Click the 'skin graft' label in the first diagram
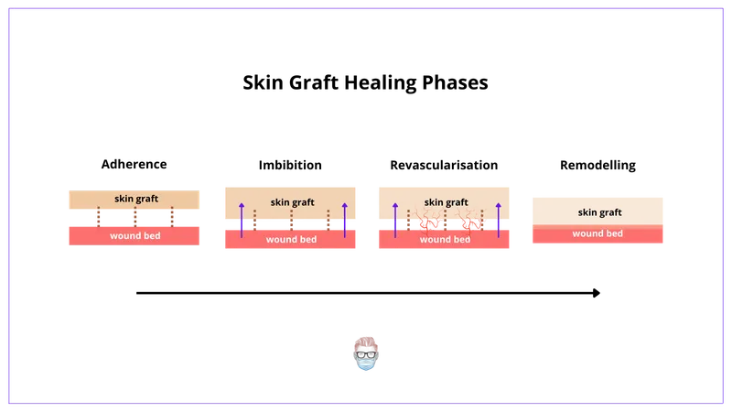tap(135, 199)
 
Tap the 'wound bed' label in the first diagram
tap(135, 235)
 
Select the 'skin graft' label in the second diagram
tap(292, 202)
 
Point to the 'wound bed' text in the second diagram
tap(291, 240)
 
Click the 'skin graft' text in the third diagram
tap(446, 202)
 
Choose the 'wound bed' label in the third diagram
tap(445, 240)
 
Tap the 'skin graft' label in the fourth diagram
tap(599, 212)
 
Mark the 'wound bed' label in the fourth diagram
tap(597, 233)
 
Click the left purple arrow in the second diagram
tap(242, 220)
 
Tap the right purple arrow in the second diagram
tap(344, 220)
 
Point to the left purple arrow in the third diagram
tap(395, 220)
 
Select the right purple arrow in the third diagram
tap(498, 220)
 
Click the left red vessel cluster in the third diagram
tap(428, 222)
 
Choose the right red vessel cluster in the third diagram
tap(470, 222)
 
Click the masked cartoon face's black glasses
tap(366, 352)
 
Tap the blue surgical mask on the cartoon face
tap(366, 363)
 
